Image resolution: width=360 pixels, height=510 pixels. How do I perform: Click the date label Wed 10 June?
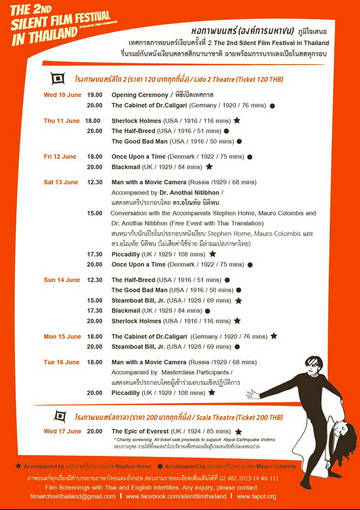[x=63, y=95]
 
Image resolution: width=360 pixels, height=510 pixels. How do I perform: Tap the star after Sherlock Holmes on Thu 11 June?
[x=237, y=120]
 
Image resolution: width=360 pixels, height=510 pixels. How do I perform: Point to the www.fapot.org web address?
[x=256, y=496]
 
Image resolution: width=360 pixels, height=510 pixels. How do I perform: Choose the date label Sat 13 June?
[x=61, y=182]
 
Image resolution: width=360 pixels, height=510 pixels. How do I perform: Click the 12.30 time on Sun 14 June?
[x=95, y=280]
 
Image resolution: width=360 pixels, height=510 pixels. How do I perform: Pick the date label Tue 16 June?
[x=61, y=362]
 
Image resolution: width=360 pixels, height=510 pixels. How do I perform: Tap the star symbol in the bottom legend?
[x=19, y=466]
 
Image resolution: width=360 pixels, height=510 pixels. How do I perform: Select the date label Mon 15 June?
[x=62, y=336]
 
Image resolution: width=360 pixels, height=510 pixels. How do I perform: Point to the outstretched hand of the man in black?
[x=253, y=395]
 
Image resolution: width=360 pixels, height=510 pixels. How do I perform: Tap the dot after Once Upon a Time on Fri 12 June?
[x=250, y=157]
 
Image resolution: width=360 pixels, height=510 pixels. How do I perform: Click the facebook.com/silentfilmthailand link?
[x=176, y=496]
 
